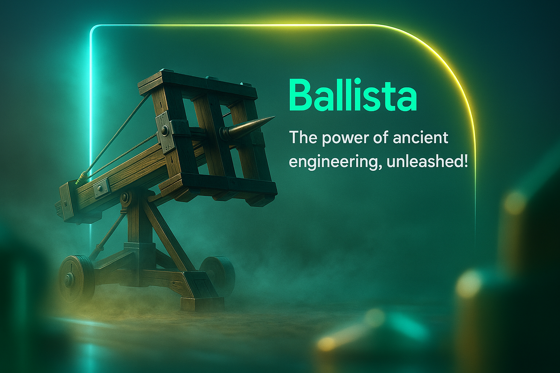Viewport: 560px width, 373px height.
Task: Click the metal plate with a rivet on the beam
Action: click(x=101, y=187)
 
